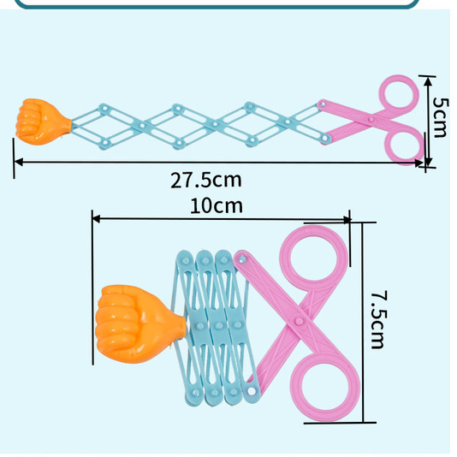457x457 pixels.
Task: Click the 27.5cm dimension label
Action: pyautogui.click(x=206, y=181)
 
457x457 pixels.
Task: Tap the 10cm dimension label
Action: pyautogui.click(x=217, y=205)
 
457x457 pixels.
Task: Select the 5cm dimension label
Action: pyautogui.click(x=440, y=117)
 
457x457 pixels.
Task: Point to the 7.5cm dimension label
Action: pyautogui.click(x=379, y=319)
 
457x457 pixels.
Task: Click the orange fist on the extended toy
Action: pyautogui.click(x=42, y=122)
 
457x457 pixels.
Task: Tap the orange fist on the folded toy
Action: pyautogui.click(x=139, y=323)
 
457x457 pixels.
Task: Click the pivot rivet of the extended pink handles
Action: pyautogui.click(x=371, y=119)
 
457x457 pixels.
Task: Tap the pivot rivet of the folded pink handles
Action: pyautogui.click(x=299, y=321)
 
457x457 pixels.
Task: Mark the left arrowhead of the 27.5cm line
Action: pyautogui.click(x=18, y=162)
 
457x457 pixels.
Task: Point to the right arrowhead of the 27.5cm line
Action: pyautogui.click(x=418, y=163)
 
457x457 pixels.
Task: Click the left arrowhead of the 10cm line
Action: pyautogui.click(x=96, y=218)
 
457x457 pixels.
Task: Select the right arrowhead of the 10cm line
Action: pyautogui.click(x=347, y=220)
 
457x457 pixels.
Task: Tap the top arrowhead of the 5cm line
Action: pyautogui.click(x=428, y=81)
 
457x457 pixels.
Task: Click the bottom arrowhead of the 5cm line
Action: pyautogui.click(x=428, y=162)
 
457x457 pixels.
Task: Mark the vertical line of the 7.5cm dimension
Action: pyautogui.click(x=363, y=323)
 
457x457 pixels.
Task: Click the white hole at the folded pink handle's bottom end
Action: pyautogui.click(x=251, y=390)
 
